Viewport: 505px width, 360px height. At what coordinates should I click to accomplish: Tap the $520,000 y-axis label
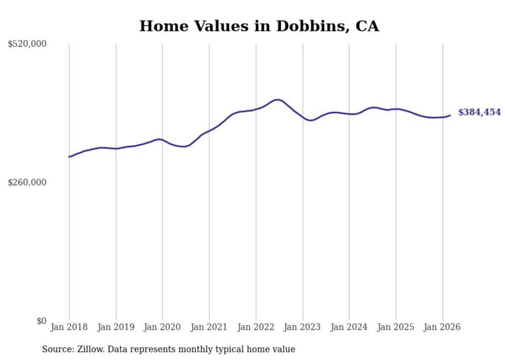[27, 44]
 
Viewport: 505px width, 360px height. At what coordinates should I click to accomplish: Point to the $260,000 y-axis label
[27, 182]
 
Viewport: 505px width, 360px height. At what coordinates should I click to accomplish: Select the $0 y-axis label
[41, 321]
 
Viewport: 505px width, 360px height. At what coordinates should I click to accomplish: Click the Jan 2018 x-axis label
[69, 327]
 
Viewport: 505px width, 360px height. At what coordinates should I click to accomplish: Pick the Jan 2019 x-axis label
[116, 327]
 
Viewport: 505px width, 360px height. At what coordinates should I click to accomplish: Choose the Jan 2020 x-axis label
[162, 327]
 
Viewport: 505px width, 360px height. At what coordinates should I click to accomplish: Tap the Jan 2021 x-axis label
[209, 327]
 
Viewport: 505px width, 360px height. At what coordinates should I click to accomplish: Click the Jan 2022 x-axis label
[256, 327]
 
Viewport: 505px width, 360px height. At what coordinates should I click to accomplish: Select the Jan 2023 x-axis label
[302, 327]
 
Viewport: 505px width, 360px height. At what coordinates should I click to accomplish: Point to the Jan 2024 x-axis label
[349, 327]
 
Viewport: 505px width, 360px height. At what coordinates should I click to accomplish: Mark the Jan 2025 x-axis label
[396, 327]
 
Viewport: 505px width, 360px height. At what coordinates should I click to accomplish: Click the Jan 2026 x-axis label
[442, 327]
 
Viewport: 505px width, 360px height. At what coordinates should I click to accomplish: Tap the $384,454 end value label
[479, 112]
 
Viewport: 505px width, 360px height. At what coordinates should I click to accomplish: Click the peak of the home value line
[277, 99]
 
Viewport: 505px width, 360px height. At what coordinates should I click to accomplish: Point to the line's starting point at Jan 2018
[69, 157]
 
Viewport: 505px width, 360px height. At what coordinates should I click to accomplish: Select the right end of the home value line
[450, 115]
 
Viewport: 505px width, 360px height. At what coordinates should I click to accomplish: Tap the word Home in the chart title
[160, 26]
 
